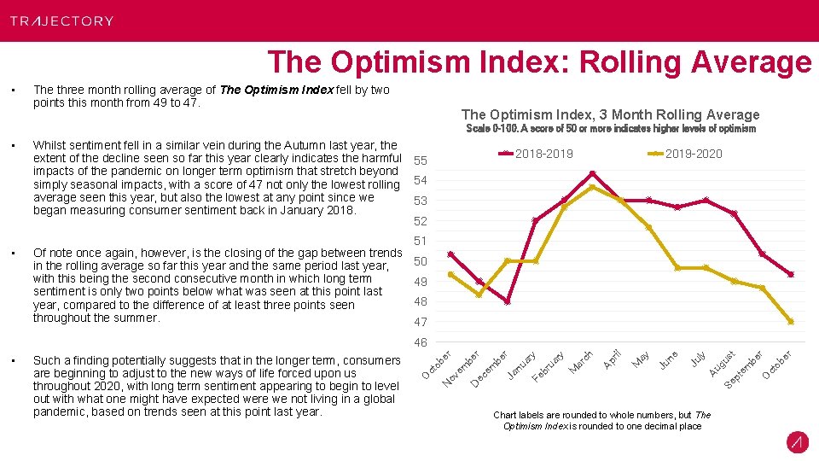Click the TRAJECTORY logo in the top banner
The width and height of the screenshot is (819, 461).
[x=61, y=20]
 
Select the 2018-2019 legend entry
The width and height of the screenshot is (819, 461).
[x=537, y=154]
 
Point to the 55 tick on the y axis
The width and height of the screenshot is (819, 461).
[x=420, y=160]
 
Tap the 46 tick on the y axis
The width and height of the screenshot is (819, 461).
[x=420, y=342]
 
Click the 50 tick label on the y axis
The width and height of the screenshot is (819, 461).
[x=420, y=261]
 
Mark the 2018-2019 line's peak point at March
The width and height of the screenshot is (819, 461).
[x=592, y=174]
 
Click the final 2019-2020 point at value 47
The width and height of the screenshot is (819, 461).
[x=791, y=322]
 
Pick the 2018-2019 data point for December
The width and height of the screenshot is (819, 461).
[x=508, y=301]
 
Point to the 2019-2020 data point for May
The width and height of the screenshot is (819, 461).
[x=648, y=227]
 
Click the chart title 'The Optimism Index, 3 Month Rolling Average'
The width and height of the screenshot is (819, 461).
[x=610, y=114]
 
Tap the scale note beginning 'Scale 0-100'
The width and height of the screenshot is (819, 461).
[x=610, y=129]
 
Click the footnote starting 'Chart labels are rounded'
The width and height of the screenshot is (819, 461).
[x=601, y=420]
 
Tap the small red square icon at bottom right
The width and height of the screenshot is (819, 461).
[x=798, y=442]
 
